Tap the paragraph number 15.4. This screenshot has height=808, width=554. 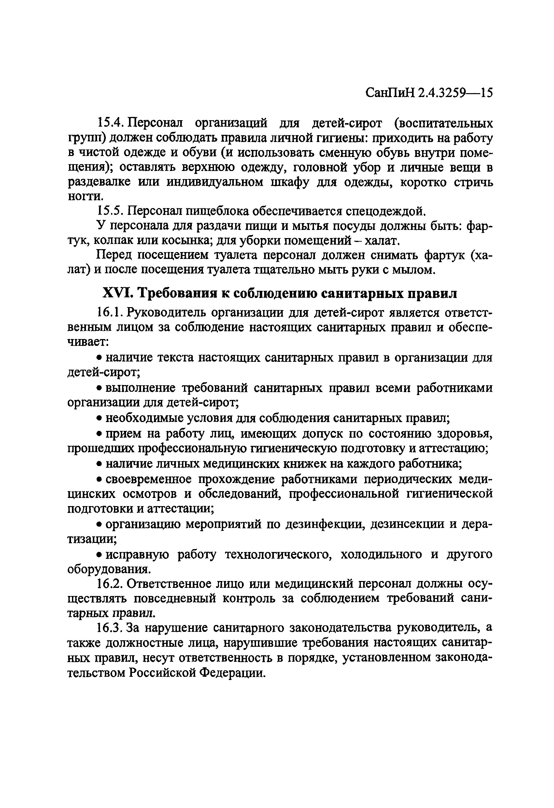110,123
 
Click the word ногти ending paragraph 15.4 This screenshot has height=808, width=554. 84,197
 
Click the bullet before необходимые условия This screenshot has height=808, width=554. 99,418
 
